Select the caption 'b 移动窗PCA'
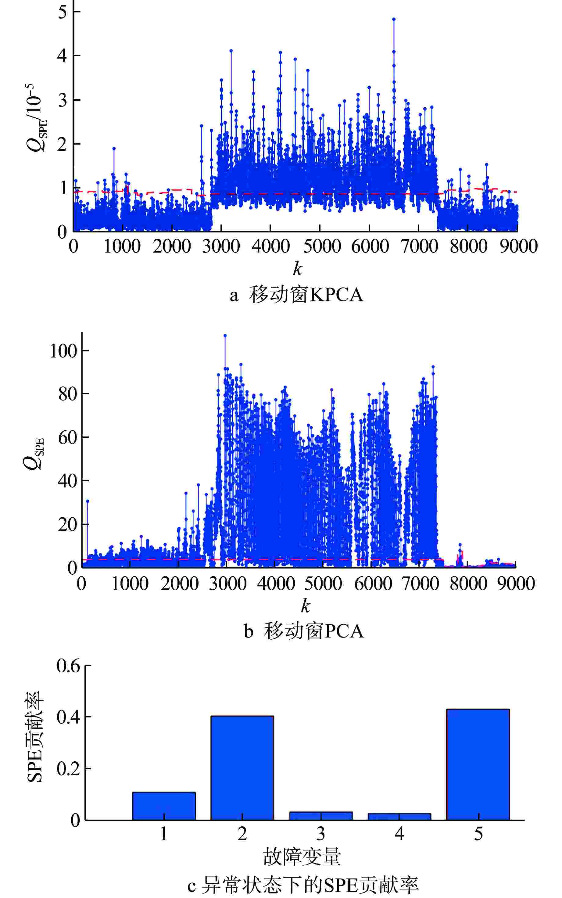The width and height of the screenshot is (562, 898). pyautogui.click(x=304, y=631)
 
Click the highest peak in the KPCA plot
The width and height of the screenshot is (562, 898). pyautogui.click(x=394, y=19)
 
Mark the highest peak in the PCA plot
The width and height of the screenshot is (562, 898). pyautogui.click(x=225, y=336)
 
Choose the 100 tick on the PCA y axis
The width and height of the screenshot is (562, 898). pyautogui.click(x=63, y=350)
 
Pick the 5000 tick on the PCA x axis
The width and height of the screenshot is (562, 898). pyautogui.click(x=323, y=584)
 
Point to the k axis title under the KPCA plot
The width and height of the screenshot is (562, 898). pyautogui.click(x=297, y=268)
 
